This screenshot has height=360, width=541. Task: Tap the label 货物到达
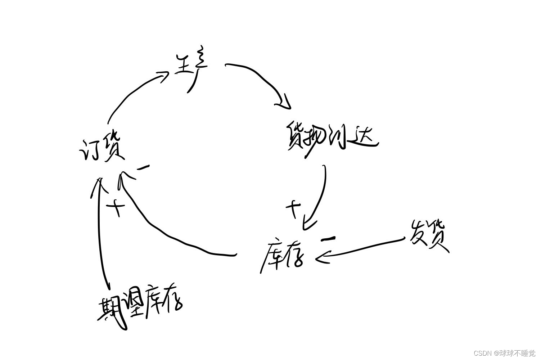pos(332,139)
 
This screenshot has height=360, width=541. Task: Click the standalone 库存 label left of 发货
pos(282,256)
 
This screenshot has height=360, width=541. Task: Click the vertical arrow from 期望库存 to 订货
pos(102,234)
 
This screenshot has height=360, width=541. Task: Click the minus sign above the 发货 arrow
pos(329,238)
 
